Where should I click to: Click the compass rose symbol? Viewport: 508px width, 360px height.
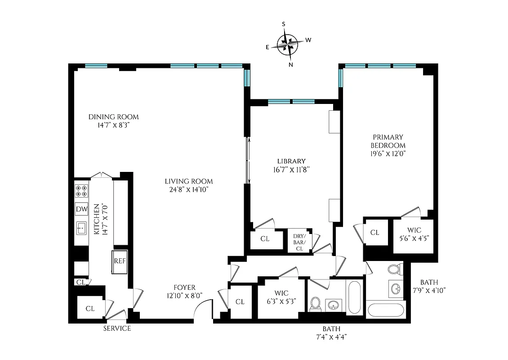[x=289, y=44]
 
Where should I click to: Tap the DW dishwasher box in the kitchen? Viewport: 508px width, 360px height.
[x=81, y=209]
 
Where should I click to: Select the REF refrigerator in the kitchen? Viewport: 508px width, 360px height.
[x=119, y=261]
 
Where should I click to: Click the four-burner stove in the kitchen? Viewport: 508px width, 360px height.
[x=81, y=191]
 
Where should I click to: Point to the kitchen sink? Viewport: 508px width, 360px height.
[x=81, y=229]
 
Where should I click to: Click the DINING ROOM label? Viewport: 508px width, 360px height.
[x=113, y=117]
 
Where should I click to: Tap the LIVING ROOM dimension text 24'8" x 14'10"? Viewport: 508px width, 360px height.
[x=188, y=189]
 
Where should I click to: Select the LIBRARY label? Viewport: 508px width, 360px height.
[x=291, y=161]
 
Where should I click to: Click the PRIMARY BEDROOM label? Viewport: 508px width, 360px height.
[x=388, y=141]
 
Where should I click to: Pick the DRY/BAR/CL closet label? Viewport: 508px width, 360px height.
[x=299, y=242]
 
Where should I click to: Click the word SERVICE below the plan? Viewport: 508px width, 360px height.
[x=117, y=328]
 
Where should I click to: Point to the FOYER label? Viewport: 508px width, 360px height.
[x=185, y=288]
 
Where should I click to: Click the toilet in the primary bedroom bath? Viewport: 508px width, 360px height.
[x=394, y=270]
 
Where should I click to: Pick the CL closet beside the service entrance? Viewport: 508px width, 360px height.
[x=90, y=309]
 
